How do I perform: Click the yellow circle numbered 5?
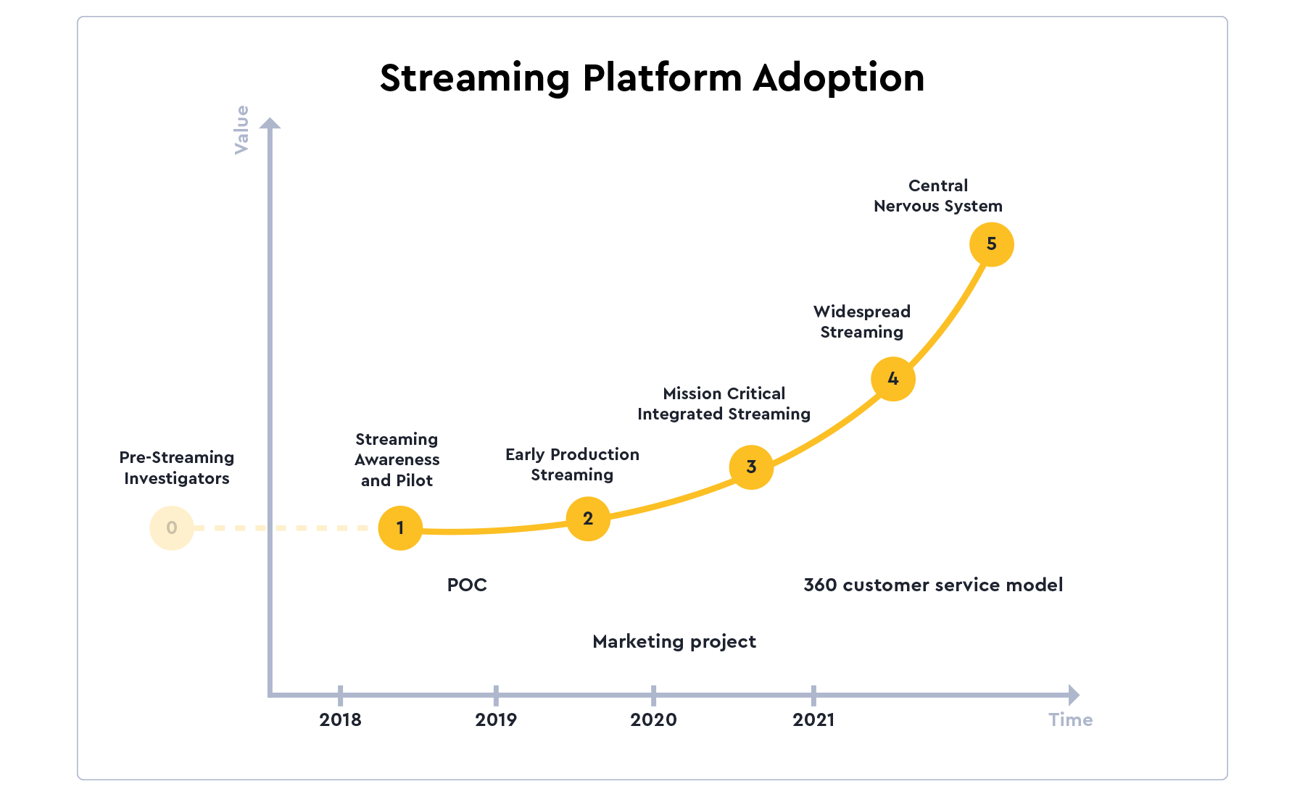(991, 244)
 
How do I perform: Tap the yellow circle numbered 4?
(892, 378)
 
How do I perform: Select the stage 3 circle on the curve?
(751, 467)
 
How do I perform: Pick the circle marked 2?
(588, 518)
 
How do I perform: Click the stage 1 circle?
(400, 527)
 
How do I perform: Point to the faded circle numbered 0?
(172, 527)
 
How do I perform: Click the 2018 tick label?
(340, 719)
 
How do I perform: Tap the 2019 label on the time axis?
(496, 719)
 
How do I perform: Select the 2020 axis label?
(653, 719)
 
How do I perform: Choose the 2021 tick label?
(813, 719)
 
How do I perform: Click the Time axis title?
(1070, 719)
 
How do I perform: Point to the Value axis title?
(241, 130)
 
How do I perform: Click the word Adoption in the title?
(838, 78)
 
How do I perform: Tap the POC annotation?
(467, 585)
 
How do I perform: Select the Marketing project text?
(674, 641)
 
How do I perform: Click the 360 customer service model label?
(933, 585)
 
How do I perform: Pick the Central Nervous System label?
(937, 196)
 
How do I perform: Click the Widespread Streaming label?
(861, 322)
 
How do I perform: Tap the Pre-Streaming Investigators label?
(177, 467)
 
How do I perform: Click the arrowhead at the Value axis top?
(270, 123)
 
